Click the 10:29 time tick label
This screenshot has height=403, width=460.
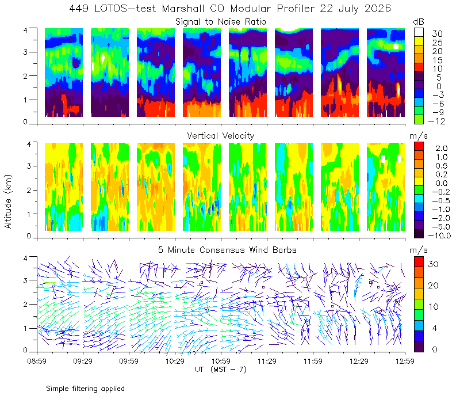pyautogui.click(x=175, y=361)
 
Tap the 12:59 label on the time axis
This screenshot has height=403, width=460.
pyautogui.click(x=405, y=361)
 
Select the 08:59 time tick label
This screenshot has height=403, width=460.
pyautogui.click(x=37, y=361)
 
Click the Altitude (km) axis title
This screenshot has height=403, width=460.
pyautogui.click(x=8, y=201)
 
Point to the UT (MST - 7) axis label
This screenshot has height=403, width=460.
pyautogui.click(x=221, y=370)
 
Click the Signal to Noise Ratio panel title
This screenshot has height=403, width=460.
pyautogui.click(x=221, y=22)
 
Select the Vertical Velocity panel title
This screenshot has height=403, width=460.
pyautogui.click(x=221, y=136)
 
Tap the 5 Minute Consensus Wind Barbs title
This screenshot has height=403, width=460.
pyautogui.click(x=227, y=250)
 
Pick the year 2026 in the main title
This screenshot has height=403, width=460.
pyautogui.click(x=378, y=9)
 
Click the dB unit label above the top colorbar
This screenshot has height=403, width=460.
pyautogui.click(x=419, y=22)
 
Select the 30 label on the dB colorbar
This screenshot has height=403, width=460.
pyautogui.click(x=437, y=34)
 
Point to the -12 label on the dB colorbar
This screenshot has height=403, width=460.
pyautogui.click(x=436, y=121)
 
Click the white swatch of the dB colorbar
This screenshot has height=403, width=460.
pyautogui.click(x=419, y=32)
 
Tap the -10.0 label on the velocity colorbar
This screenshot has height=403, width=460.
pyautogui.click(x=439, y=235)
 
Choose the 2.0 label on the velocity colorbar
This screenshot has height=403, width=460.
pyautogui.click(x=442, y=148)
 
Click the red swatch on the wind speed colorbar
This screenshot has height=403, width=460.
pyautogui.click(x=419, y=262)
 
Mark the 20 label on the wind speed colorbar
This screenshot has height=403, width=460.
pyautogui.click(x=434, y=285)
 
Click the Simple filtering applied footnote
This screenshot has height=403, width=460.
pyautogui.click(x=85, y=389)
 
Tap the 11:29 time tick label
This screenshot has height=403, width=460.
pyautogui.click(x=267, y=361)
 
